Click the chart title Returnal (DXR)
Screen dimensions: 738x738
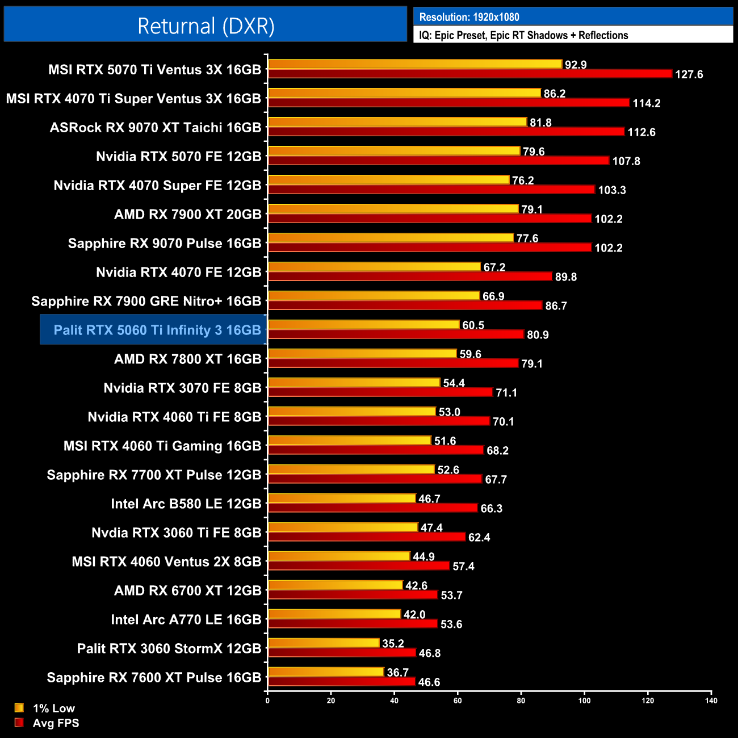[206, 26]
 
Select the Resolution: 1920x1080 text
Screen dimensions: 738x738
[469, 17]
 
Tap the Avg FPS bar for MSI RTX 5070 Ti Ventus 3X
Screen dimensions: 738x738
[470, 74]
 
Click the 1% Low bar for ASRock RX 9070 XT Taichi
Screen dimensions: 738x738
[397, 122]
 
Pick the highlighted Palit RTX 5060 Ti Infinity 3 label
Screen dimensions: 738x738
[157, 330]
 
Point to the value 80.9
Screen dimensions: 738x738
[538, 335]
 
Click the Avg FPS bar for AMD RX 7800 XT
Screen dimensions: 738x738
[393, 363]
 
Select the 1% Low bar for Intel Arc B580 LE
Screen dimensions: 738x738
[342, 498]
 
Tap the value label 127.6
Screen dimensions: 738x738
[689, 74]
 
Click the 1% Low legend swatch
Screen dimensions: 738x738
[19, 708]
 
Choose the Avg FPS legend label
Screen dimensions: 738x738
[56, 723]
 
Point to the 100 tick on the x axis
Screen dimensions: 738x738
[584, 701]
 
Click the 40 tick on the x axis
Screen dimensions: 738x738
[394, 701]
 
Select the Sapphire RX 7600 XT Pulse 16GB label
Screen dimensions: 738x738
[154, 677]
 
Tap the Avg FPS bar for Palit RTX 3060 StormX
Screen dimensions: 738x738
[342, 653]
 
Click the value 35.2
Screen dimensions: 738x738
[393, 643]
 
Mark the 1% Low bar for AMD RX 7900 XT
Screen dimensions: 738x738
[393, 209]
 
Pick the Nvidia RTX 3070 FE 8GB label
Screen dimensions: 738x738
[182, 388]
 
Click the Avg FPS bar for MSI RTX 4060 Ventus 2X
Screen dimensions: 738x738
[359, 566]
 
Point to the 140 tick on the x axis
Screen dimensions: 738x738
[711, 701]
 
